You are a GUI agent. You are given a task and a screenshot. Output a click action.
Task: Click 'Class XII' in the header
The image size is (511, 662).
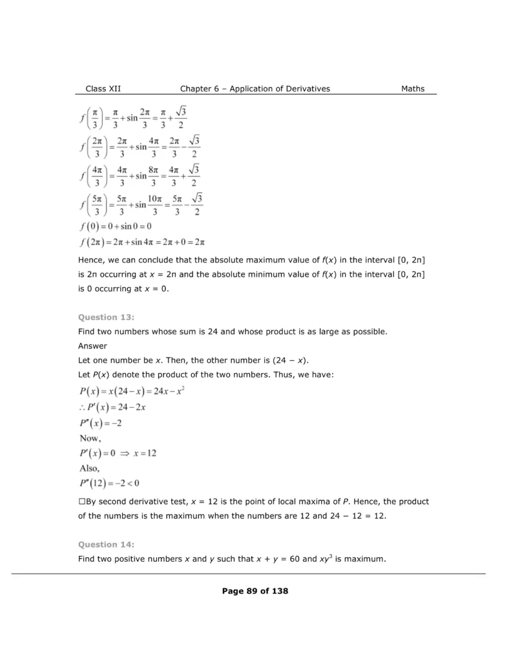pos(103,89)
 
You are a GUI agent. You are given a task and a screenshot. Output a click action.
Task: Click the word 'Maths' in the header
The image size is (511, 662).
pos(413,89)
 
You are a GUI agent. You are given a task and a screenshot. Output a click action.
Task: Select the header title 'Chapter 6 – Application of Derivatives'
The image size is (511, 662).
pos(255,89)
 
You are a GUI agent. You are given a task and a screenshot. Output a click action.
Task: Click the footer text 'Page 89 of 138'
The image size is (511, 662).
pos(255,591)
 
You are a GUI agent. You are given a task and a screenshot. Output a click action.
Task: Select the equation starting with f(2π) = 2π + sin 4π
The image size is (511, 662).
pos(142,242)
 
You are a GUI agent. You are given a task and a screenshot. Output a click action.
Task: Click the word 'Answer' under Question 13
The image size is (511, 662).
pos(92,346)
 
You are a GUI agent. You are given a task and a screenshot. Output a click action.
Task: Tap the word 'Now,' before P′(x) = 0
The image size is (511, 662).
pos(90,438)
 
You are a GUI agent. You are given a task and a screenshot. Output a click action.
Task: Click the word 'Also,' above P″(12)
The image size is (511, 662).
pos(89,468)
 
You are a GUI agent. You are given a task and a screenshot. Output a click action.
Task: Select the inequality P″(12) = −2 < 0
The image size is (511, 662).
pos(109,484)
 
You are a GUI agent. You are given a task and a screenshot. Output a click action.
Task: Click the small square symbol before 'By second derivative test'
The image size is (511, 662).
pos(81,502)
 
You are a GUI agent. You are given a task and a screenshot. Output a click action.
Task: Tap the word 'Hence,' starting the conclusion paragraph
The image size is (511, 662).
pos(91,260)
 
